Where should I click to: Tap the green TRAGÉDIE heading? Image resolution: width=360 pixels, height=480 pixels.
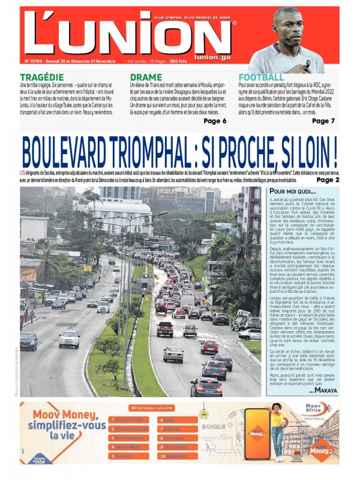41,77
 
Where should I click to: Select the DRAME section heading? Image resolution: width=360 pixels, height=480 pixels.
146,77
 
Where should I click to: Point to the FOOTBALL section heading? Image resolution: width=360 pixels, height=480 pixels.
262,77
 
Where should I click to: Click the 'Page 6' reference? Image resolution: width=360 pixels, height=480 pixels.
215,121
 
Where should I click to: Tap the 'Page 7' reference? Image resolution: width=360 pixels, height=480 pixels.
323,121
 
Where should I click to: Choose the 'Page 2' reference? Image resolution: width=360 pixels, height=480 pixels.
328,179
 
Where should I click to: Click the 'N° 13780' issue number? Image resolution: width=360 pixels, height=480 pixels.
36,61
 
